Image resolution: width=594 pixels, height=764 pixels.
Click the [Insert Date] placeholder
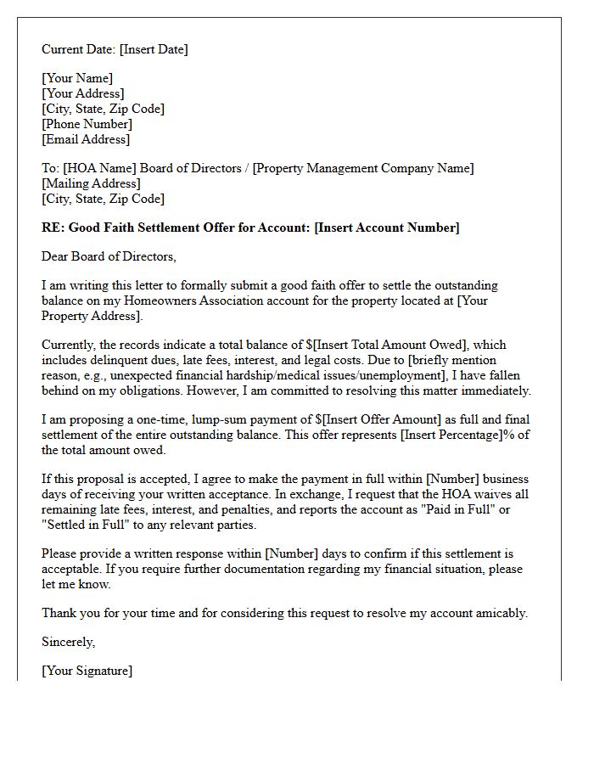pyautogui.click(x=154, y=49)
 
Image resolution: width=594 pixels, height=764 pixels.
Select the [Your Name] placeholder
pyautogui.click(x=77, y=78)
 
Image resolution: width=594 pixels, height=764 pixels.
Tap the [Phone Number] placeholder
pyautogui.click(x=87, y=124)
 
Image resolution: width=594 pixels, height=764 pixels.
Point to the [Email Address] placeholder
pyautogui.click(x=86, y=139)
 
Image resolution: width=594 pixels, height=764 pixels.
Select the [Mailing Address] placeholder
pyautogui.click(x=91, y=183)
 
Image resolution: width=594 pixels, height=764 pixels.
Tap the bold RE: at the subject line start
pyautogui.click(x=53, y=228)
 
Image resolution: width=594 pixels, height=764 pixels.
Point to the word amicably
pyautogui.click(x=500, y=613)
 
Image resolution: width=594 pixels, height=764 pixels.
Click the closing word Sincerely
pyautogui.click(x=69, y=642)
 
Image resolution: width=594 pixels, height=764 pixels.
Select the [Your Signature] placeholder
pyautogui.click(x=87, y=671)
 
